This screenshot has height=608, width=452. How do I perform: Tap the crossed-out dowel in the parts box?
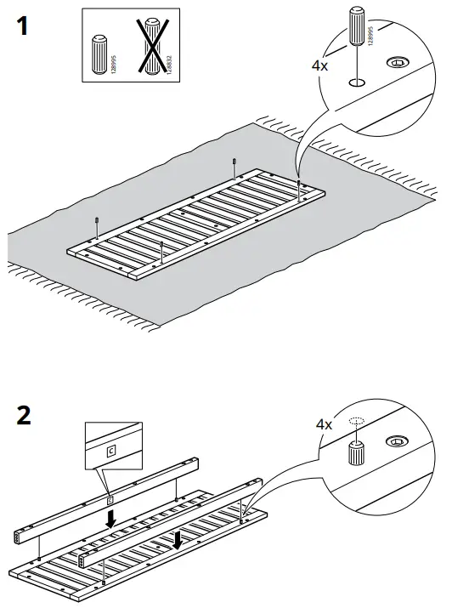(x=152, y=49)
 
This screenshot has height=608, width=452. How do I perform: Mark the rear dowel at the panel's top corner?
(x=234, y=162)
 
